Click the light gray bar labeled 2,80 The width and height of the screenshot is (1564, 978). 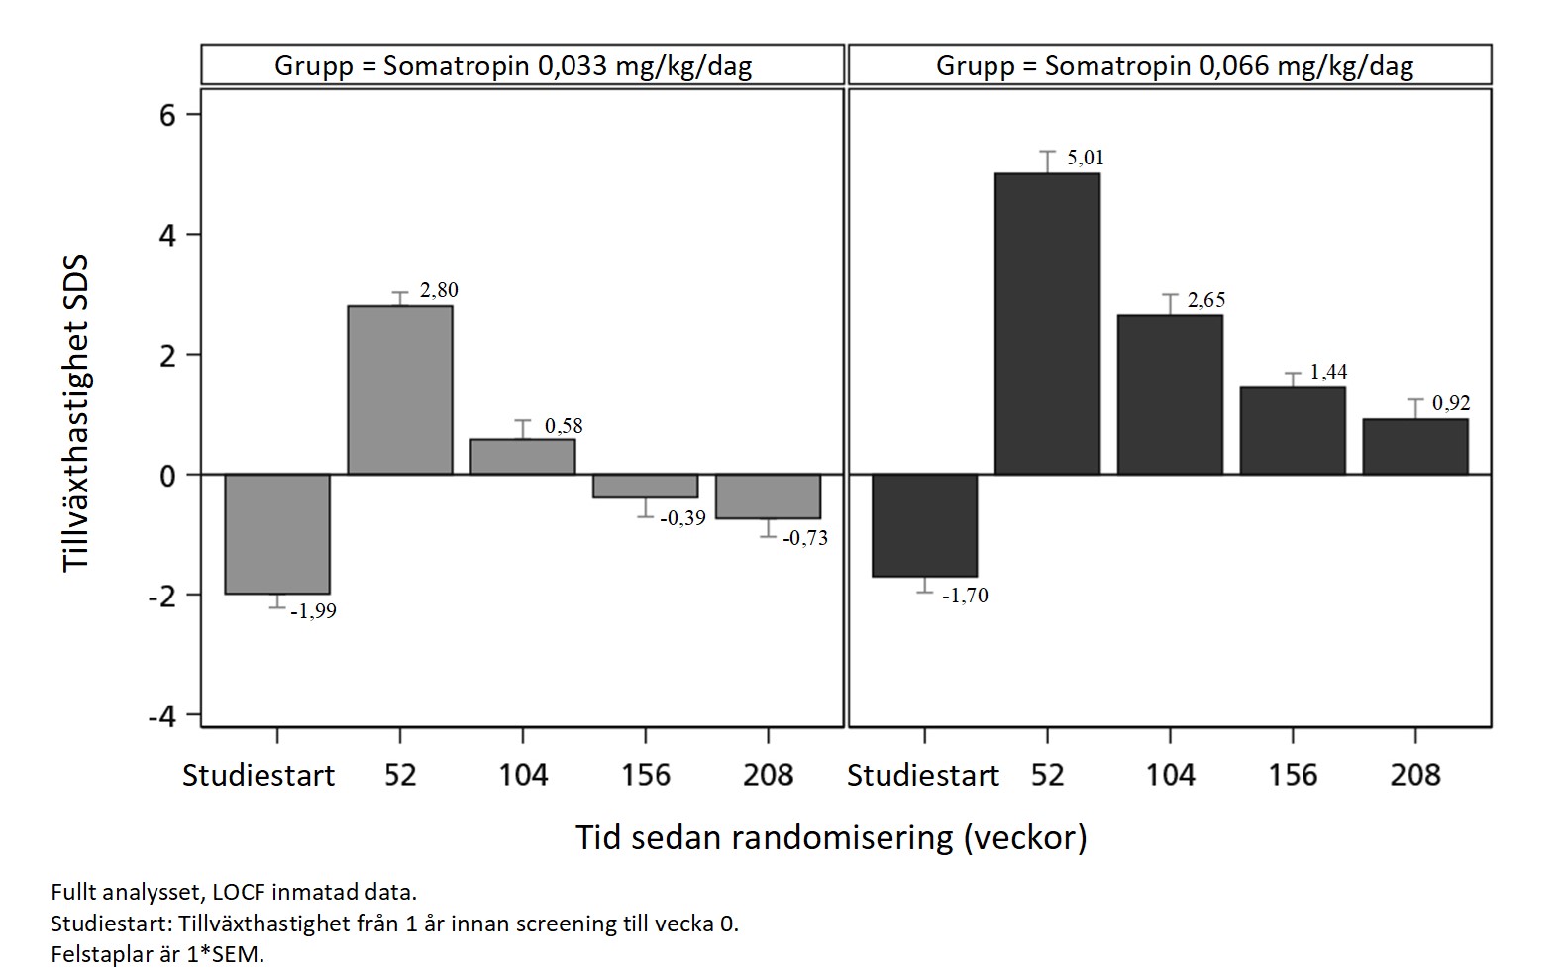point(399,389)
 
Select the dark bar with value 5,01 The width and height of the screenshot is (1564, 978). point(1047,324)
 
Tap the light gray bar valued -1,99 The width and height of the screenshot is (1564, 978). point(277,533)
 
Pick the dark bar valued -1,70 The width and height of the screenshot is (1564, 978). point(924,525)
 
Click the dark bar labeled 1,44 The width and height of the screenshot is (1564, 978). point(1293,431)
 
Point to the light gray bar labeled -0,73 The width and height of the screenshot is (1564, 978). point(768,496)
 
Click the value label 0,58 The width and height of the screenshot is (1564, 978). point(564,426)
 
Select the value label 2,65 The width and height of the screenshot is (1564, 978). point(1206,300)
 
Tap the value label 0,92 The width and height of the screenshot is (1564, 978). point(1451,403)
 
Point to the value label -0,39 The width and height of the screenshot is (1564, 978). point(682,518)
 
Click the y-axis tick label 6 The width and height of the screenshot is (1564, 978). point(165,115)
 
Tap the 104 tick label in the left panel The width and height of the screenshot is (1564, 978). point(523,774)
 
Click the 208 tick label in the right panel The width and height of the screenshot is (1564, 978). point(1415,774)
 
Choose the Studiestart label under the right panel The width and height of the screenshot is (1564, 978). point(923,775)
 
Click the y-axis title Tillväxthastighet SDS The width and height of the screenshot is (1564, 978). point(76,413)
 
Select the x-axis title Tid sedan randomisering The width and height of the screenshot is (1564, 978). point(831,838)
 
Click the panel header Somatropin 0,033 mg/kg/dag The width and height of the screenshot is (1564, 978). point(513,66)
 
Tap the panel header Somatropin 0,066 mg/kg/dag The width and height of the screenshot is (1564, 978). point(1175,66)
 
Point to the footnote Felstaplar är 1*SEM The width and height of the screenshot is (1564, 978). point(158,956)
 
